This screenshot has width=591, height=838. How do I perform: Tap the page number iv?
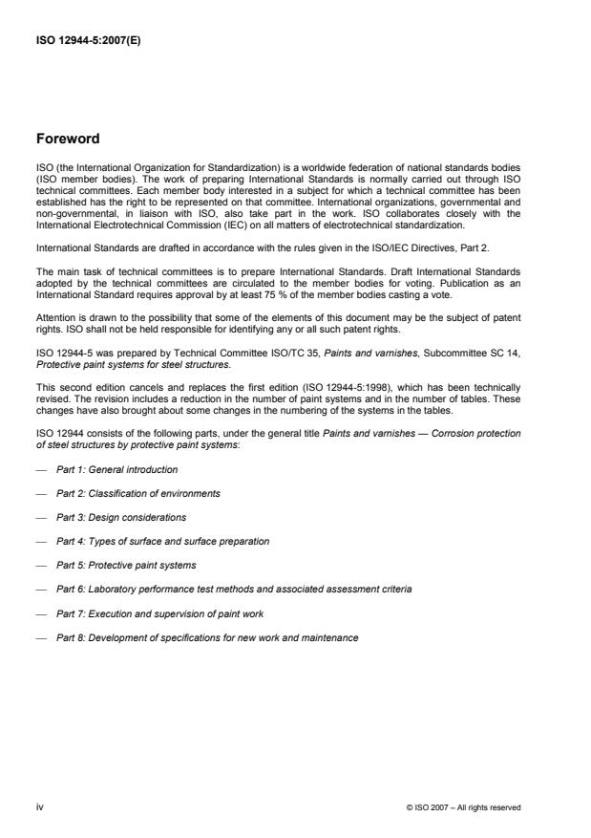[x=39, y=806]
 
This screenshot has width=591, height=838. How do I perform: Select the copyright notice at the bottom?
[x=463, y=807]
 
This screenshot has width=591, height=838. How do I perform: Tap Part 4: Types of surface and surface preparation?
[x=162, y=541]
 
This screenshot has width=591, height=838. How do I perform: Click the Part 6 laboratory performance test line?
[x=234, y=590]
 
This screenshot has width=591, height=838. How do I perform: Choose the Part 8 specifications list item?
[x=207, y=637]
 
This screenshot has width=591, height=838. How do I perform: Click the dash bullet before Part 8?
[x=41, y=637]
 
